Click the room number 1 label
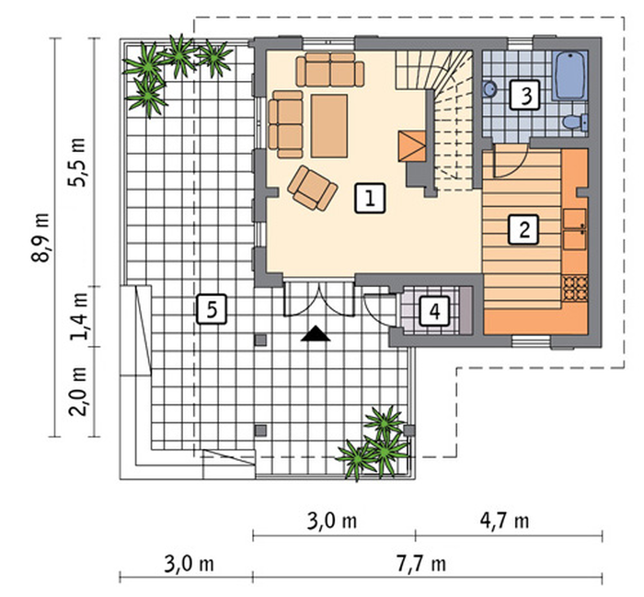coord(370,199)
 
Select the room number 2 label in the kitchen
coord(523,230)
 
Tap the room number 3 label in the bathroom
coord(525,95)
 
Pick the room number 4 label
coord(434,311)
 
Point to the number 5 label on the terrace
coord(212,309)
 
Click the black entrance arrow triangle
coord(316,333)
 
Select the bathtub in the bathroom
coord(570,75)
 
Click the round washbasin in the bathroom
coord(489,88)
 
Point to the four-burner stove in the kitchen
coord(575,288)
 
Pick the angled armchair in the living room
coord(313,188)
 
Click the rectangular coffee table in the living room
coord(329,126)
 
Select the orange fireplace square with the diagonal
coord(411,146)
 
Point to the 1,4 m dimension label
coord(78,316)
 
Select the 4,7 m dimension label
coord(504,521)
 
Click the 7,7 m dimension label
coord(421,564)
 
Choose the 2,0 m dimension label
coord(77,391)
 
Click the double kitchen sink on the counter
coord(575,229)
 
